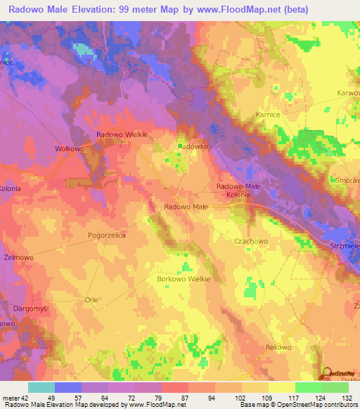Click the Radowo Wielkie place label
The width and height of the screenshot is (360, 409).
(120, 135)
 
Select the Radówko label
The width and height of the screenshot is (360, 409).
(189, 145)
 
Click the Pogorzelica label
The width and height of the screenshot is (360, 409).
(106, 236)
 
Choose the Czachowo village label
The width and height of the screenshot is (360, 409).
(250, 241)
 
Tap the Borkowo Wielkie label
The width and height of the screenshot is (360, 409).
(184, 279)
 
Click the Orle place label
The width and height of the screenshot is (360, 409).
(91, 299)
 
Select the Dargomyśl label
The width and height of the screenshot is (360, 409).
(30, 309)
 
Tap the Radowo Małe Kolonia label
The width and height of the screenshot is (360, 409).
(238, 190)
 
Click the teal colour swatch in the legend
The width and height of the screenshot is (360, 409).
(41, 387)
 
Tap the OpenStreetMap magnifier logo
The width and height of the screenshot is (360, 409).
(326, 373)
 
